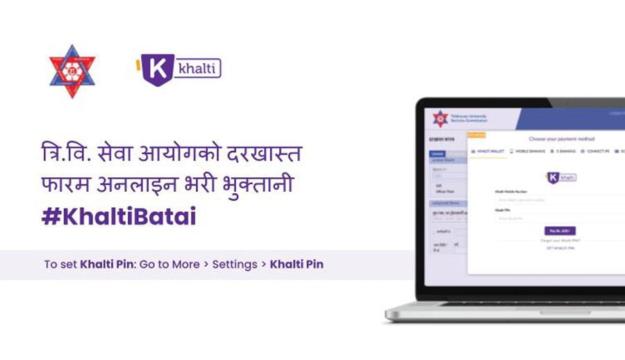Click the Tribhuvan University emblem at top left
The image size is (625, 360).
[x=72, y=70]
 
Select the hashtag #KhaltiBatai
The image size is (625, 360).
[x=119, y=216]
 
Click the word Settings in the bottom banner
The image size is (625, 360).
[x=235, y=265]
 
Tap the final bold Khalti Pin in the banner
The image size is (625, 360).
[x=297, y=265]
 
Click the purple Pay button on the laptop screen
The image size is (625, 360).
[x=560, y=231]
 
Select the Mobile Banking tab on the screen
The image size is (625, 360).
[x=528, y=150]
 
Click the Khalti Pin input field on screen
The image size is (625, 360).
[x=556, y=218]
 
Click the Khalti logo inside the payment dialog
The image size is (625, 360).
[x=561, y=177]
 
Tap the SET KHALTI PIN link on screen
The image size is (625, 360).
[x=560, y=248]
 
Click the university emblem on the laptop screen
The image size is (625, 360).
[x=440, y=119]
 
